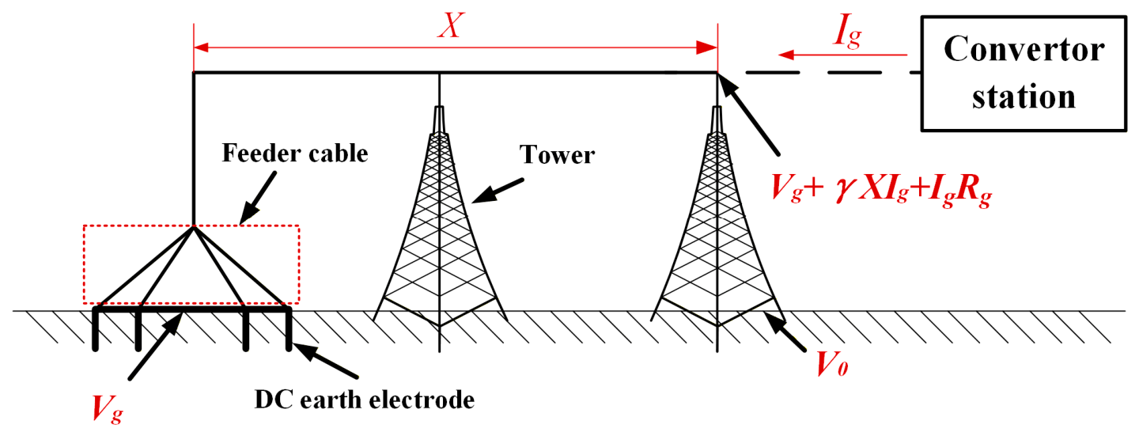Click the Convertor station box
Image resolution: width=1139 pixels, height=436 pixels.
point(1024,74)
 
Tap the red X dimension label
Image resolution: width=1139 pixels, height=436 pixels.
point(451,25)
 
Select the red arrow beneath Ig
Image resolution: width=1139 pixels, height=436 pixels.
point(843,55)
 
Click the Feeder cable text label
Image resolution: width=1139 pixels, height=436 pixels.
point(295,154)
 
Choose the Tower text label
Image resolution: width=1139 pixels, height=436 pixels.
point(557,154)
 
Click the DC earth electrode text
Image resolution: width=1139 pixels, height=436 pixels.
point(364,400)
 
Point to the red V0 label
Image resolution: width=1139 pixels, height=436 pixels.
point(832,365)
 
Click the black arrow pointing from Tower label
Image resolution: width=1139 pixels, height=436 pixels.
point(497,191)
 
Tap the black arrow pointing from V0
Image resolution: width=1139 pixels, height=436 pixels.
point(784,331)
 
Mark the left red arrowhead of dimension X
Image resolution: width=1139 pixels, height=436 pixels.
point(202,47)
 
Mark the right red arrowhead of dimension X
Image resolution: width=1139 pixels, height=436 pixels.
point(707,47)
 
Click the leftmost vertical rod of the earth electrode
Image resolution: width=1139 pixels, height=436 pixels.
point(95,328)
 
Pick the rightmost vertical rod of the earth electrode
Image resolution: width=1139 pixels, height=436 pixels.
point(289,328)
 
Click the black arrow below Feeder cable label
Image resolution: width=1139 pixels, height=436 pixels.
point(258,198)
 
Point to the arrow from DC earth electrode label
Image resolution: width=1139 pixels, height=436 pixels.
point(325,361)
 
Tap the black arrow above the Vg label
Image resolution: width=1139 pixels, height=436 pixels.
point(155,346)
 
